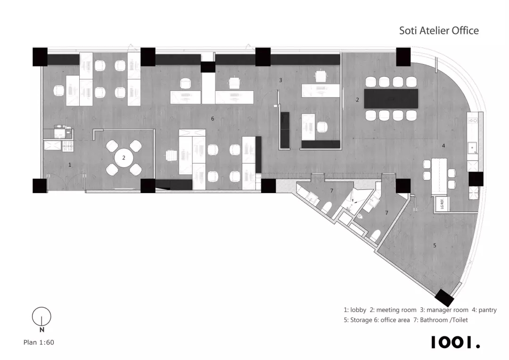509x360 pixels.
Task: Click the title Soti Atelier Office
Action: coord(439,31)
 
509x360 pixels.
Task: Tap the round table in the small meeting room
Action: coord(123,158)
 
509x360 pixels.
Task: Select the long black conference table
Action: coord(391,98)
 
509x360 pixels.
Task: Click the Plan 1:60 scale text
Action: coord(39,342)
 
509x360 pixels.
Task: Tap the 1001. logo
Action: coord(455,342)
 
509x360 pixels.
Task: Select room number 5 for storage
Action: coord(435,245)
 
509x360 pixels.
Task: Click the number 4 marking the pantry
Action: coord(443,146)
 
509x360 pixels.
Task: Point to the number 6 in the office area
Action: coord(213,119)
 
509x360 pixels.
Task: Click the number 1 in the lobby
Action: coord(70,165)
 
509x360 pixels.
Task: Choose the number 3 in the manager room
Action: coord(280,80)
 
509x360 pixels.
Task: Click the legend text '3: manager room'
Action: coord(444,310)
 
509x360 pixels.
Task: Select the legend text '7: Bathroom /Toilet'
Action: coord(441,320)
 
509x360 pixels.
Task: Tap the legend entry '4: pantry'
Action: coord(484,310)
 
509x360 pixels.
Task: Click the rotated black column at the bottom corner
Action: coord(444,298)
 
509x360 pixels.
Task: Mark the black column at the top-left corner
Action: coord(40,57)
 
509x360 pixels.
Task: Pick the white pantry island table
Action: coord(439,177)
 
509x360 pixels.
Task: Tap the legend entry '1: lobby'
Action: coord(355,310)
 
